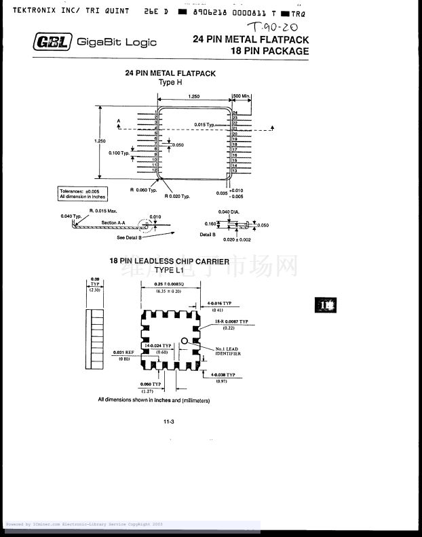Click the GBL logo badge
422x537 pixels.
pyautogui.click(x=52, y=43)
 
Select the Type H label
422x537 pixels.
pyautogui.click(x=170, y=83)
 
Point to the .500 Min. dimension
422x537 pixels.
pyautogui.click(x=242, y=96)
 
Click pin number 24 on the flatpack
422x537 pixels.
pyautogui.click(x=235, y=113)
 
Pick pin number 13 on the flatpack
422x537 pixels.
pyautogui.click(x=235, y=171)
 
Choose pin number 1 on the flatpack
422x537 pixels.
pyautogui.click(x=156, y=112)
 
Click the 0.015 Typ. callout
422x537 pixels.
pyautogui.click(x=204, y=125)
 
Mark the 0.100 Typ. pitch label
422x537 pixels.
pyautogui.click(x=119, y=153)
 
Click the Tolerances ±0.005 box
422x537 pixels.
pyautogui.click(x=81, y=194)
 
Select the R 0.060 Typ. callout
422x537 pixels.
pyautogui.click(x=143, y=190)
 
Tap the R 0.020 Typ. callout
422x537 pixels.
pyautogui.click(x=177, y=196)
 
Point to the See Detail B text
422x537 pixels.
pyautogui.click(x=129, y=237)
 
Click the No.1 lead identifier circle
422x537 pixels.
pyautogui.click(x=184, y=341)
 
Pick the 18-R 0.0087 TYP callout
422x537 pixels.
pyautogui.click(x=231, y=321)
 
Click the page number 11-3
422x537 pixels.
pyautogui.click(x=169, y=422)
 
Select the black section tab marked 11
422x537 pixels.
pyautogui.click(x=325, y=305)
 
